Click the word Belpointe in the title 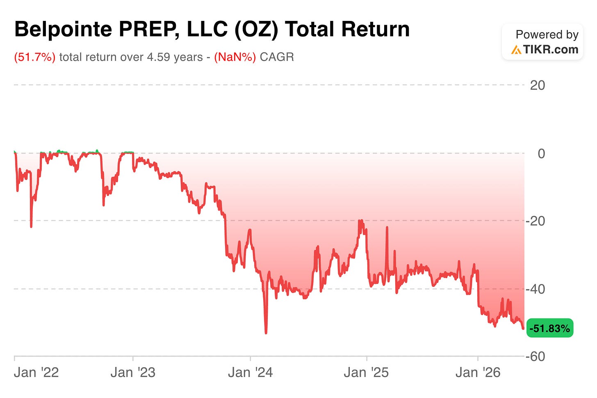pos(63,29)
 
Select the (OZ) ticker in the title pos(256,30)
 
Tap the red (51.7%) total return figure pos(34,57)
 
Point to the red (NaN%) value pos(235,57)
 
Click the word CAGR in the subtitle pos(277,57)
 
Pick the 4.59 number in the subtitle pos(158,57)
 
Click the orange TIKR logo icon pos(516,50)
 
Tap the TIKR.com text pos(550,50)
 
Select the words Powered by pos(547,35)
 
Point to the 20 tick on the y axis pos(537,86)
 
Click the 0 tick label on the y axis pos(541,154)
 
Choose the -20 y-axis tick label pos(535,221)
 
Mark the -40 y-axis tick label pos(535,289)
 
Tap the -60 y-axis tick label pos(535,357)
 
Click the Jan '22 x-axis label pos(36,373)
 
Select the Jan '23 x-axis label pos(133,373)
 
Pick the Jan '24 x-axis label pos(250,373)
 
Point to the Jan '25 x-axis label pos(367,373)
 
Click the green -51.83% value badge pos(550,328)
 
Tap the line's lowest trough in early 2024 pos(266,333)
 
